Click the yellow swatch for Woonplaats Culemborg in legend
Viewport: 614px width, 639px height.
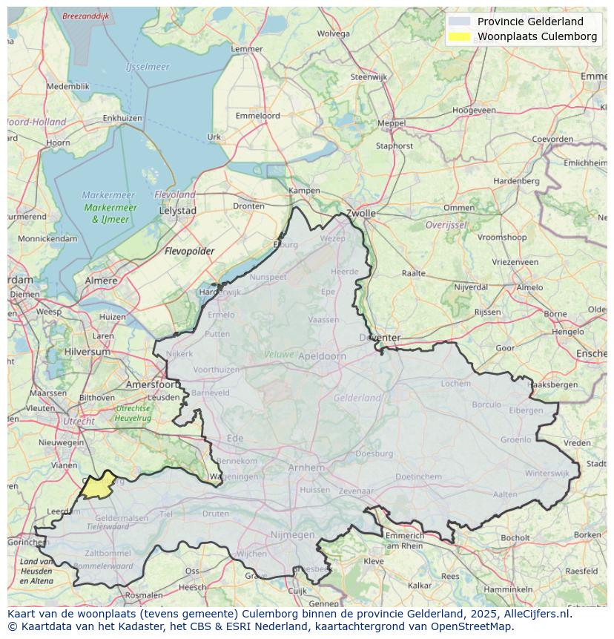[x=460, y=36]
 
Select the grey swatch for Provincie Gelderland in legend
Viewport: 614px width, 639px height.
[x=460, y=22]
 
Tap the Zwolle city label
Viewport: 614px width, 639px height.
[x=361, y=213]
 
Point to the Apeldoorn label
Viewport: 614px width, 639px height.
[x=322, y=356]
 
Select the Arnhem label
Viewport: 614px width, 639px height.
[x=306, y=468]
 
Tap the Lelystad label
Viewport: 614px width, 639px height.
[x=178, y=211]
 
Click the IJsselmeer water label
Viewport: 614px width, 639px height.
[x=147, y=67]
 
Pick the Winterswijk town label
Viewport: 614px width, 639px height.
[x=547, y=473]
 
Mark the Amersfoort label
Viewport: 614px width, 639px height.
[x=152, y=384]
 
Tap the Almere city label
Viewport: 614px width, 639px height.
[x=101, y=281]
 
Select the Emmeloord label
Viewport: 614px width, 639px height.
[x=257, y=116]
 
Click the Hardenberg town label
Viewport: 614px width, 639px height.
[x=516, y=181]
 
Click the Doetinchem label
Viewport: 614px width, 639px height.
[x=417, y=476]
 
